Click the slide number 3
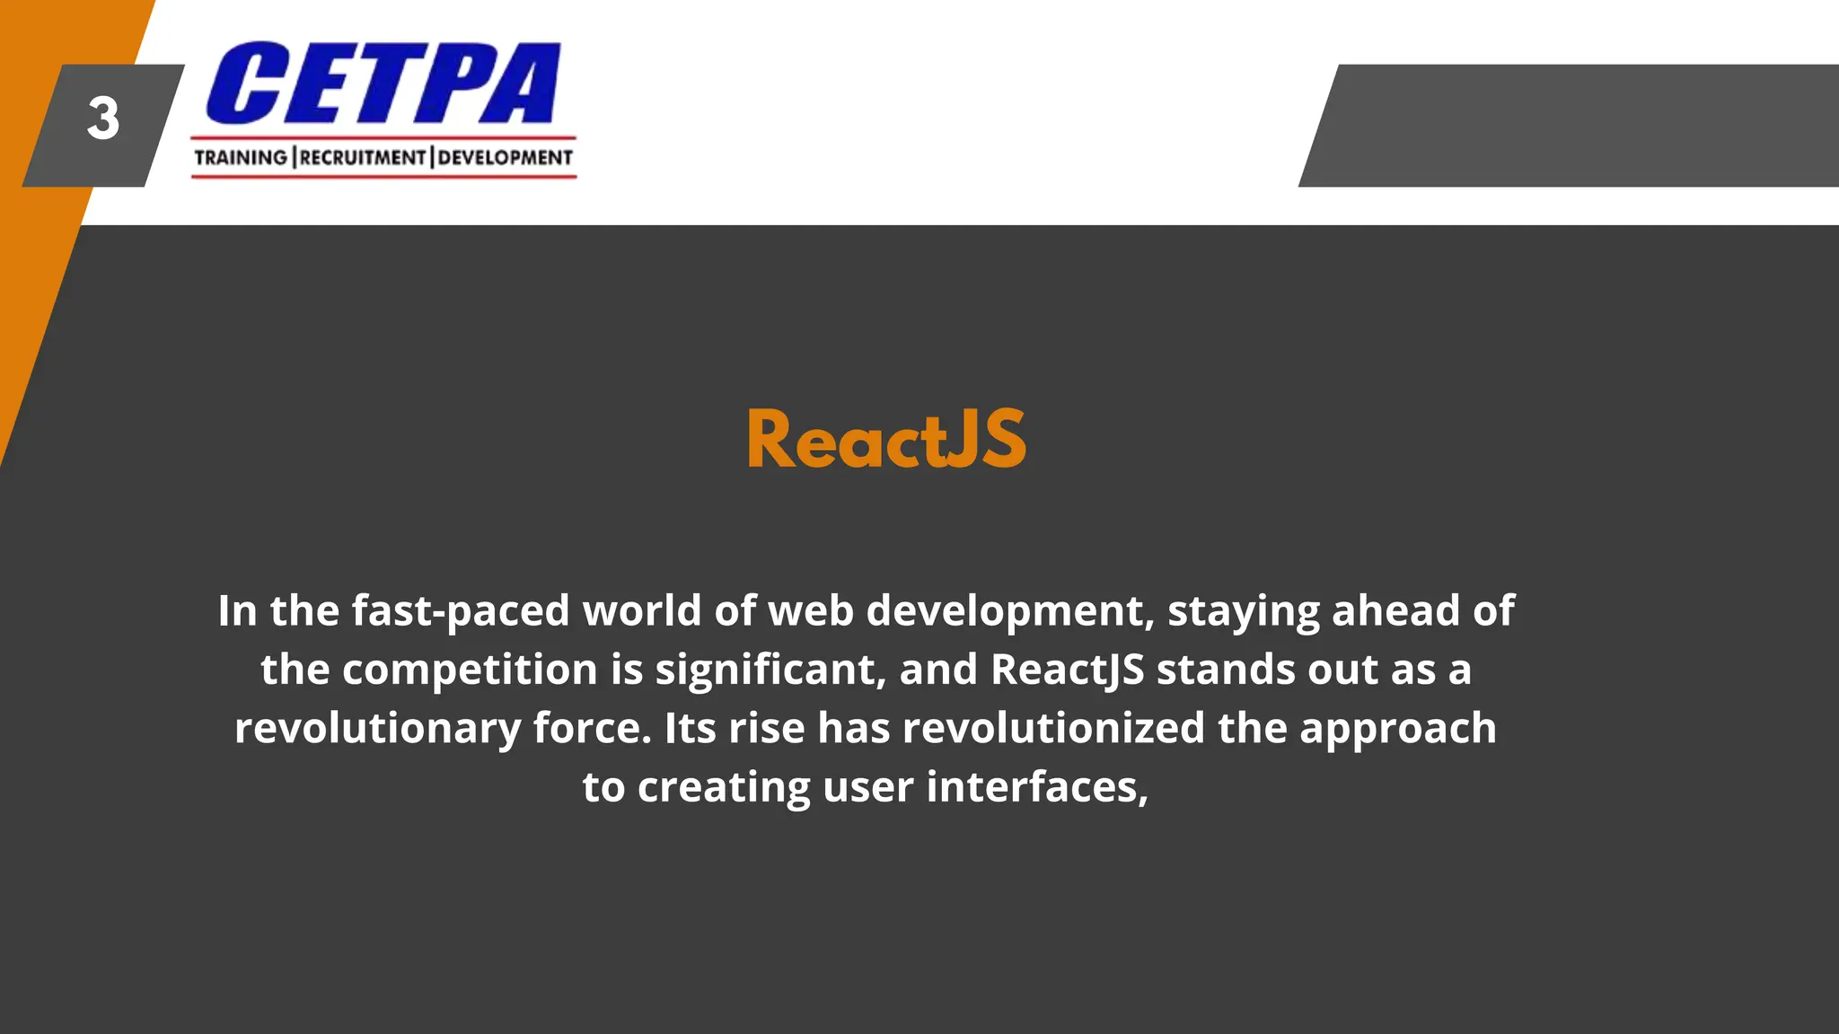click(x=103, y=119)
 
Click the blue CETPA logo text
click(x=383, y=83)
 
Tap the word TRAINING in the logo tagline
click(x=241, y=158)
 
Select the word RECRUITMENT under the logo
click(x=363, y=158)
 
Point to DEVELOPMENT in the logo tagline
click(x=505, y=158)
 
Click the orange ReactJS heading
click(x=886, y=440)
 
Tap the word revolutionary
click(x=377, y=730)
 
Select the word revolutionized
click(x=1053, y=728)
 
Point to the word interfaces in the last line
click(x=1037, y=787)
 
